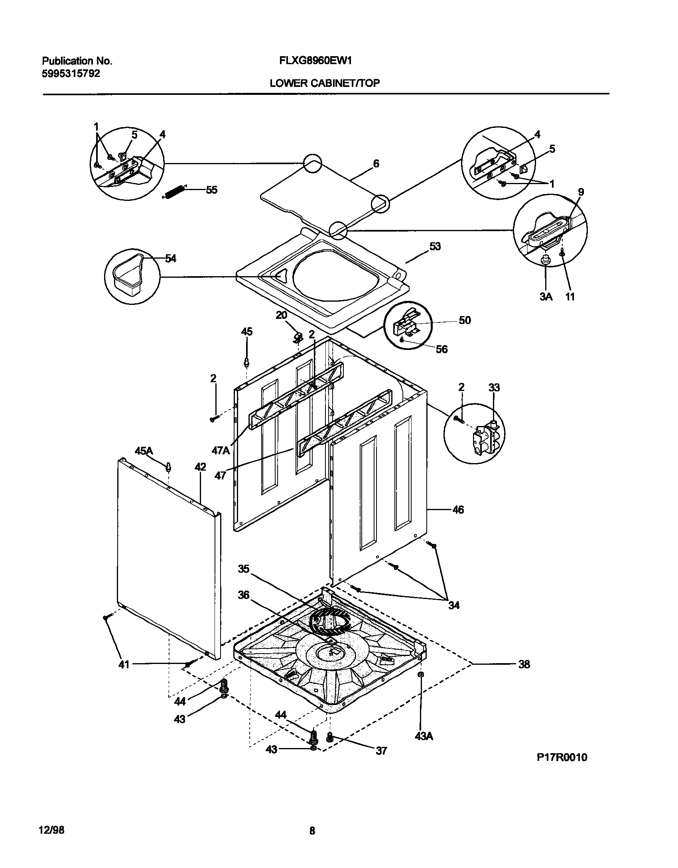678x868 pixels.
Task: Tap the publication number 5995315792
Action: (71, 73)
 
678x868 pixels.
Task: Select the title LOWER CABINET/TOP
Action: (324, 83)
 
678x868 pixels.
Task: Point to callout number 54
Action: (171, 259)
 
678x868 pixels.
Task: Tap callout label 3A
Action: (546, 297)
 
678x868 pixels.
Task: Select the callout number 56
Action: (441, 349)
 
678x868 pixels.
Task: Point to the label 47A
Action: (221, 451)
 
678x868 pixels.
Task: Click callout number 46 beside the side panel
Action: (458, 510)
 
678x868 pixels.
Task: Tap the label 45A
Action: (144, 451)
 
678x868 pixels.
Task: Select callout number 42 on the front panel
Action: (200, 467)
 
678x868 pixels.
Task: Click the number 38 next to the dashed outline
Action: (524, 664)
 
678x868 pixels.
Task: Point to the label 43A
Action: (424, 736)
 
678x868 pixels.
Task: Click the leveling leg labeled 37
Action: (329, 737)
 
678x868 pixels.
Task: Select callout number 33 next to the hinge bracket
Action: (494, 387)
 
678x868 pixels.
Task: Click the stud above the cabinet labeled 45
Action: (247, 362)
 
